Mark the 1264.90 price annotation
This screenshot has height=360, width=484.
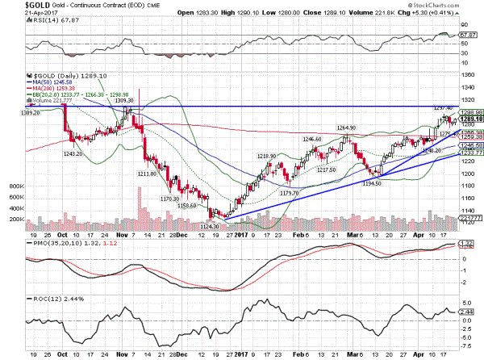click(348, 127)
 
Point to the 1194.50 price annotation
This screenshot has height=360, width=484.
click(373, 183)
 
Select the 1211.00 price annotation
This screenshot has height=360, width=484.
click(147, 173)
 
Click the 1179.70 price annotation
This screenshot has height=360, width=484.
click(288, 192)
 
